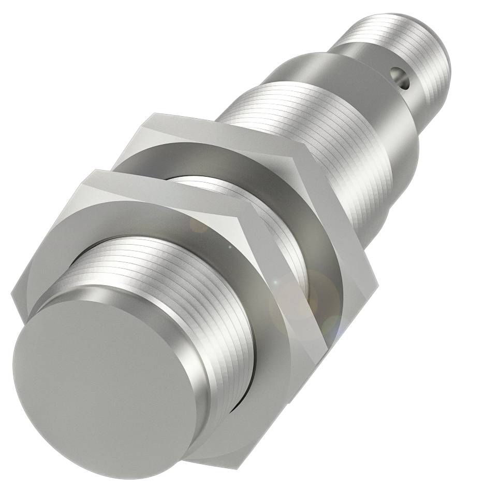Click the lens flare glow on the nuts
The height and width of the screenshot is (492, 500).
[305, 306]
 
